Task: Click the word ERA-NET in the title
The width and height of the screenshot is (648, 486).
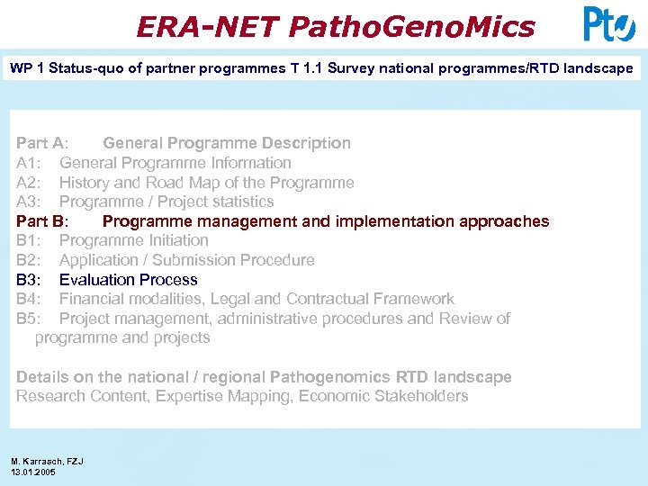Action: [208, 27]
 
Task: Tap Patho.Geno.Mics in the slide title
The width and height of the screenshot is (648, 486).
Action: [411, 27]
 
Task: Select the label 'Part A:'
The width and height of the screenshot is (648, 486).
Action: [41, 143]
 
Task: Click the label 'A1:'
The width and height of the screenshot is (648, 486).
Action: [31, 163]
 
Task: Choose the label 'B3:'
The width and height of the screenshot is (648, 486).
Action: [31, 280]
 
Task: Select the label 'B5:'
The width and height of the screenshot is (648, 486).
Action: [31, 319]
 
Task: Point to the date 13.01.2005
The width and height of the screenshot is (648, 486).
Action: [33, 472]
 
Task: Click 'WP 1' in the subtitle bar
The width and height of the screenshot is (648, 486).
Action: [28, 68]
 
